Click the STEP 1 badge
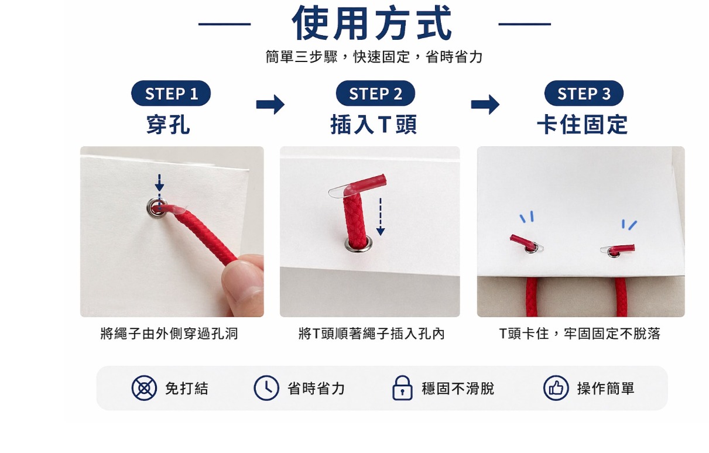pyautogui.click(x=171, y=93)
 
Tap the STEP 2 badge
pyautogui.click(x=375, y=93)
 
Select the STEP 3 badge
pyautogui.click(x=584, y=93)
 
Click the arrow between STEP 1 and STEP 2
pyautogui.click(x=270, y=104)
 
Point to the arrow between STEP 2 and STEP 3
pyautogui.click(x=485, y=104)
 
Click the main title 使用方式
pyautogui.click(x=372, y=23)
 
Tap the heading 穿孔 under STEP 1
pyautogui.click(x=168, y=125)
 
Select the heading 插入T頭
pyautogui.click(x=374, y=125)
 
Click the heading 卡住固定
pyautogui.click(x=583, y=125)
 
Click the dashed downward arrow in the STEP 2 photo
pyautogui.click(x=381, y=217)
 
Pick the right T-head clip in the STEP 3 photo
pyautogui.click(x=618, y=250)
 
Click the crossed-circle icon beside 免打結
pyautogui.click(x=144, y=388)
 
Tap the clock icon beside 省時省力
pyautogui.click(x=266, y=388)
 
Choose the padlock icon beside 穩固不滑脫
pyautogui.click(x=402, y=388)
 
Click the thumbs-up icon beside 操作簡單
pyautogui.click(x=556, y=388)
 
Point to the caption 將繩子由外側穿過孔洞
pyautogui.click(x=169, y=334)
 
